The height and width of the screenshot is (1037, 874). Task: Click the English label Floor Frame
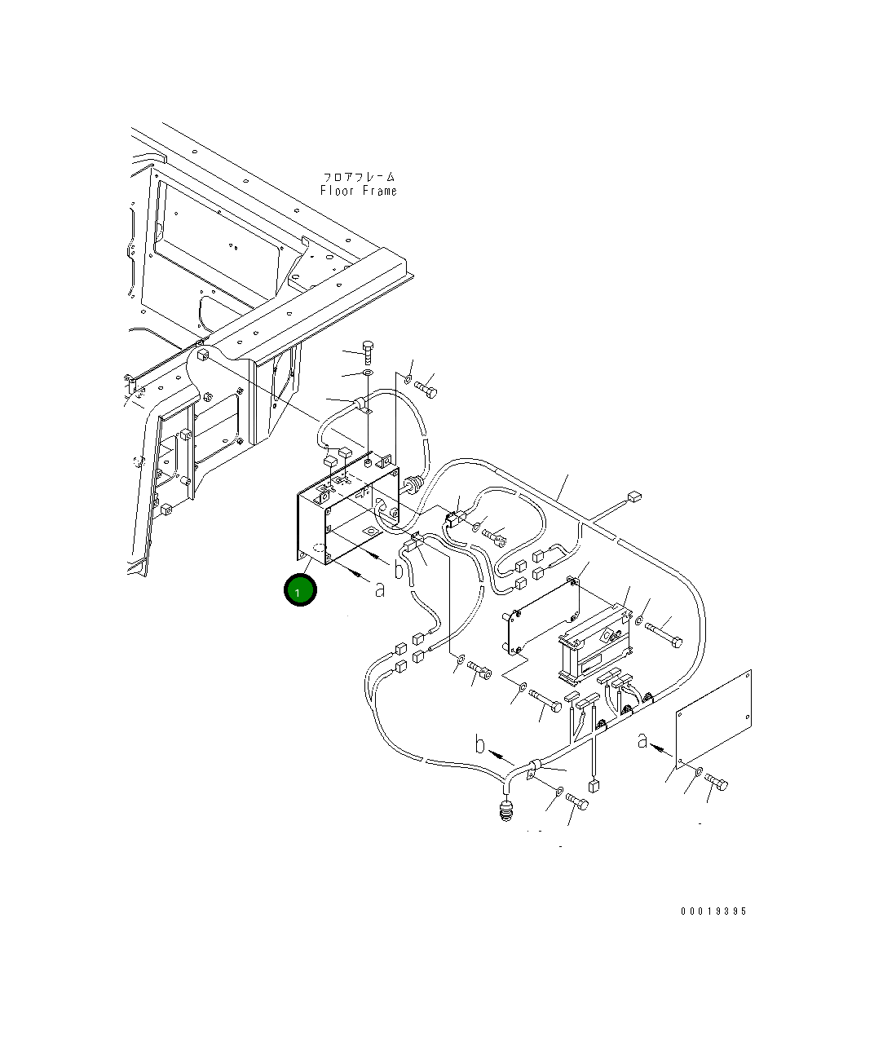pyautogui.click(x=358, y=191)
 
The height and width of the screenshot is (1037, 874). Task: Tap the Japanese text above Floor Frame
pyautogui.click(x=358, y=176)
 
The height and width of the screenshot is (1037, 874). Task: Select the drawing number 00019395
pyautogui.click(x=713, y=911)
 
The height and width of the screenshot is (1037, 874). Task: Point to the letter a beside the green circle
pyautogui.click(x=379, y=589)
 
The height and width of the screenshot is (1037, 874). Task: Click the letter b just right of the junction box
pyautogui.click(x=399, y=569)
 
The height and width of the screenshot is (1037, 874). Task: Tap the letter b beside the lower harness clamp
pyautogui.click(x=481, y=744)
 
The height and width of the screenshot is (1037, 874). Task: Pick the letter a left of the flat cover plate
pyautogui.click(x=642, y=740)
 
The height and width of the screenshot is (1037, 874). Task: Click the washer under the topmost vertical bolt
pyautogui.click(x=368, y=373)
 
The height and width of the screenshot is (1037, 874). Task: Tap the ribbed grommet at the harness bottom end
pyautogui.click(x=507, y=811)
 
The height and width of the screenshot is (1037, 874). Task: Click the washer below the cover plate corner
pyautogui.click(x=700, y=770)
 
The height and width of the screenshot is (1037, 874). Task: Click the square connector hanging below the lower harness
pyautogui.click(x=594, y=787)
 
